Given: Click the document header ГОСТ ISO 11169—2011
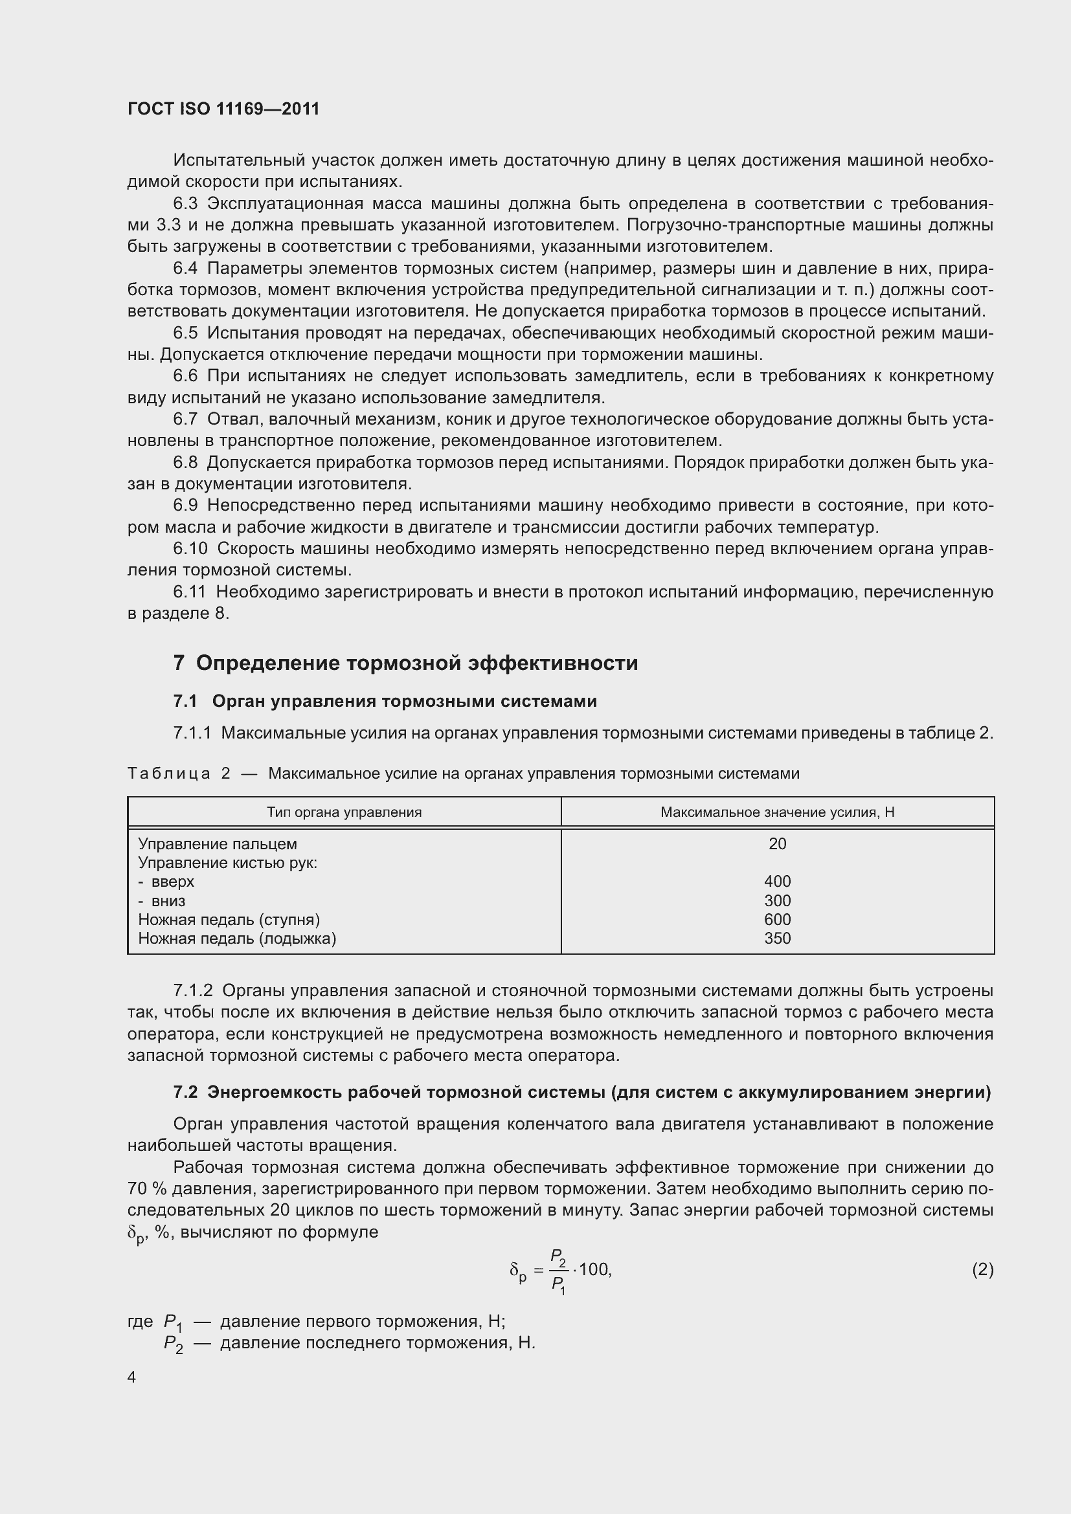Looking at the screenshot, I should click(223, 109).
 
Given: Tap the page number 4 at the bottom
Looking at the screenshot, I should click(131, 1377).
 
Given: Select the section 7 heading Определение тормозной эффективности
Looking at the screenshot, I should click(405, 663).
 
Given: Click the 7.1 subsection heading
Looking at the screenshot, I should click(385, 701).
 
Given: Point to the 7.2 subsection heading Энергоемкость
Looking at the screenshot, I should click(581, 1092).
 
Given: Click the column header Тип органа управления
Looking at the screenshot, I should click(344, 812).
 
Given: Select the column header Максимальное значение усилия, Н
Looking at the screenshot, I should click(777, 812).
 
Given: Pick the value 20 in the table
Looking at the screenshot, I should click(777, 844).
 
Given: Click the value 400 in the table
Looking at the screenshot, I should click(777, 882).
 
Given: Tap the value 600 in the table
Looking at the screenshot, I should click(777, 919).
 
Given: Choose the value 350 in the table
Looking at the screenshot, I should click(777, 939).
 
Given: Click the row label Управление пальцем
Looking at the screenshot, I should click(217, 844).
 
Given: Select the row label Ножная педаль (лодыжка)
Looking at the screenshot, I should click(237, 939).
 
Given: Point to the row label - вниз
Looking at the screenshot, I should click(162, 901).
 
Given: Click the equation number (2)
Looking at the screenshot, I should click(982, 1269).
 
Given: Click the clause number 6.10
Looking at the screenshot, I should click(190, 549).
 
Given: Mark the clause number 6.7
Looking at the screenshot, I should click(185, 419).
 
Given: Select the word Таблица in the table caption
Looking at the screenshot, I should click(169, 774).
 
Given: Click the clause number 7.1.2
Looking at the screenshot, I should click(192, 990).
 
